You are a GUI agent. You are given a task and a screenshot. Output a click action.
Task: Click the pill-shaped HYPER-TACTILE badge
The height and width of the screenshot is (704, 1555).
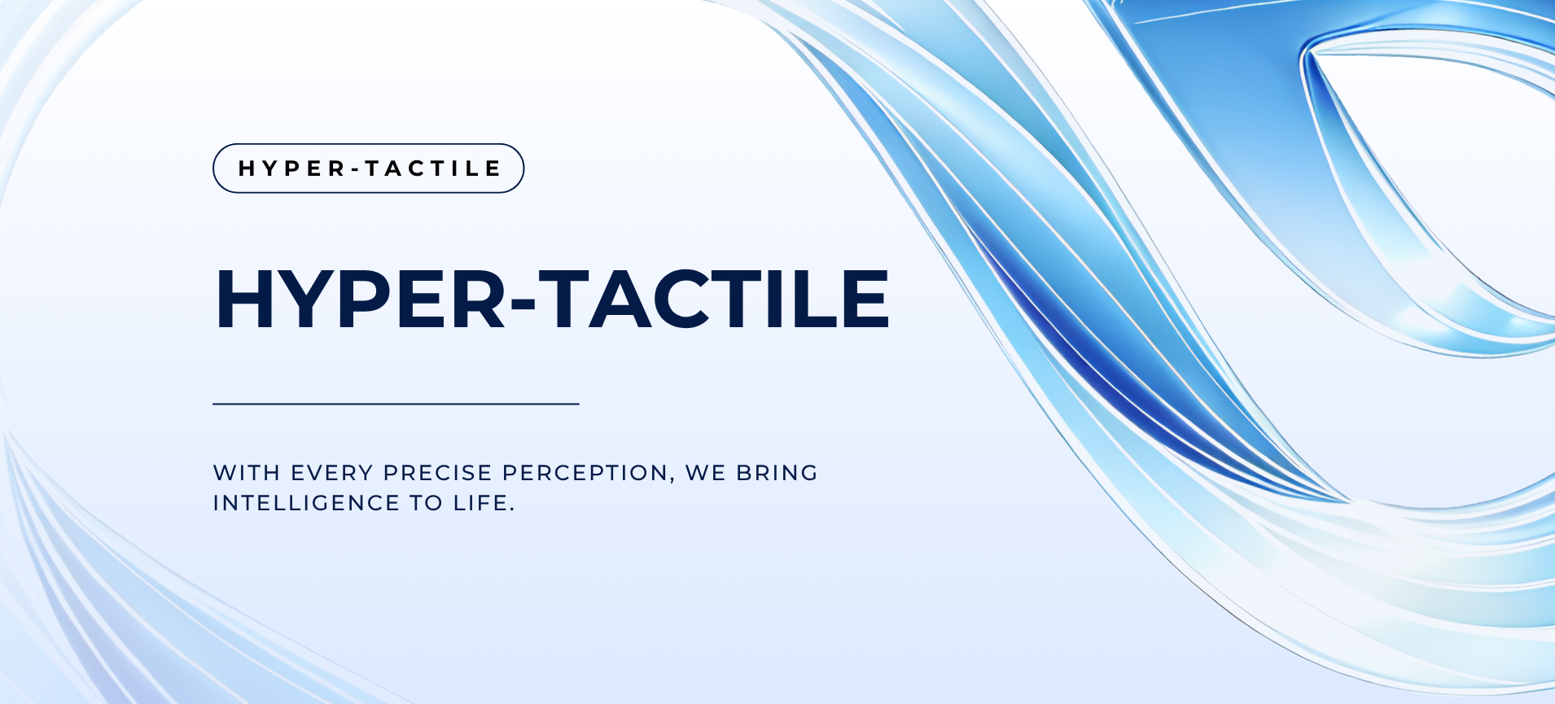coord(368,168)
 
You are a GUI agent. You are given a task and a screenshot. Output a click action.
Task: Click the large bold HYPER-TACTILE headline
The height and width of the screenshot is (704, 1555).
coord(552,299)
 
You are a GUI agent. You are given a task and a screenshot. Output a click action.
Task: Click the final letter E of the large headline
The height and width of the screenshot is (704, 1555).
coord(865,299)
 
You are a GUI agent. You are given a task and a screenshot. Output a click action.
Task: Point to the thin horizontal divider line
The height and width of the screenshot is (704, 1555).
coord(396,404)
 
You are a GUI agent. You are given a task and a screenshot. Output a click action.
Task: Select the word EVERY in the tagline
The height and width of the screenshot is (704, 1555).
coord(332,473)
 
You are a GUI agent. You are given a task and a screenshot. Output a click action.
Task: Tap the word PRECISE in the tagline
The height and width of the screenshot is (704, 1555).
coord(438,473)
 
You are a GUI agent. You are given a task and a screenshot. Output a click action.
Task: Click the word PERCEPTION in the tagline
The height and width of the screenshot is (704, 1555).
coord(585,473)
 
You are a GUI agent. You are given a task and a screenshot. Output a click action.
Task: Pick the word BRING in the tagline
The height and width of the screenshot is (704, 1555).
coord(777,473)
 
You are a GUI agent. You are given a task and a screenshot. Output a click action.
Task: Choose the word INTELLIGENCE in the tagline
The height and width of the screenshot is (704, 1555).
coord(306,503)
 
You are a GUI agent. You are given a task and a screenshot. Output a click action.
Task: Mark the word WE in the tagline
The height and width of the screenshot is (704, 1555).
coord(705,473)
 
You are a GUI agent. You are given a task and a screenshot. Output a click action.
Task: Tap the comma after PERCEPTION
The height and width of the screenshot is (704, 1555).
coord(672,479)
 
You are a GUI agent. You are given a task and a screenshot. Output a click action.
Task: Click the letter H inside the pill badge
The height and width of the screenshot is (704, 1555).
coord(247,168)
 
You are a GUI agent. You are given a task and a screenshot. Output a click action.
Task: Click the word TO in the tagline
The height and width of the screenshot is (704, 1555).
coord(427,503)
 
